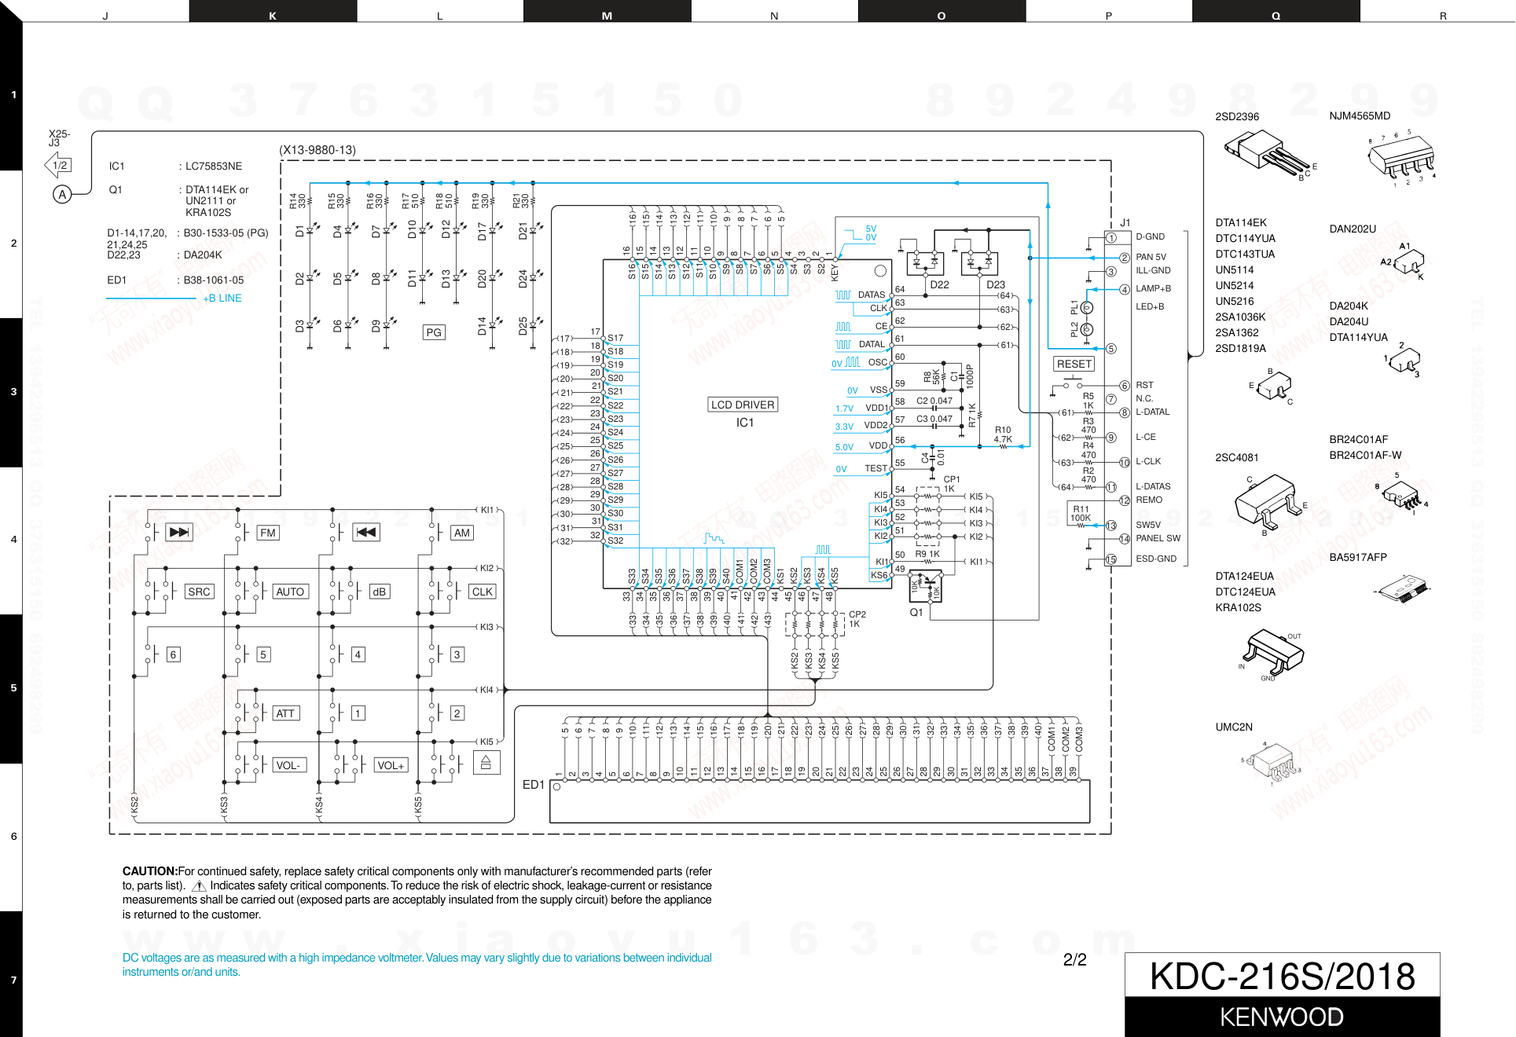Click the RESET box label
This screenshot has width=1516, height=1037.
[1074, 364]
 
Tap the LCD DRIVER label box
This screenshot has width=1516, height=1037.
[743, 405]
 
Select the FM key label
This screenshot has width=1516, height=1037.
[268, 533]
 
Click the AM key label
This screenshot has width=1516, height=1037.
[462, 533]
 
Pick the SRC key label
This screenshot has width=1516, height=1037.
[199, 592]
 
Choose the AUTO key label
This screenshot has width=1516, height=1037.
[290, 592]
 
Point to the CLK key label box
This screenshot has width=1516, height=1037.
[483, 592]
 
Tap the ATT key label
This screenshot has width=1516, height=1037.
[285, 713]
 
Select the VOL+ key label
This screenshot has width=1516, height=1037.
[391, 765]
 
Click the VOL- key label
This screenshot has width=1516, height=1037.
[288, 765]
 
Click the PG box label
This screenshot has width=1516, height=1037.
[434, 332]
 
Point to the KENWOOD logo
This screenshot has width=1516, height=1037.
[1282, 1017]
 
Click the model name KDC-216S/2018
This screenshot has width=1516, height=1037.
[1282, 977]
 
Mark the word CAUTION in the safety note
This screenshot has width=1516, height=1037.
[149, 871]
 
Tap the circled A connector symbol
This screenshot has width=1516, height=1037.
[62, 194]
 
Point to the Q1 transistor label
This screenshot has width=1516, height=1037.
[916, 612]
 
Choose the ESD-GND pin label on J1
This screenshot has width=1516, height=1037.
[1156, 559]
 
